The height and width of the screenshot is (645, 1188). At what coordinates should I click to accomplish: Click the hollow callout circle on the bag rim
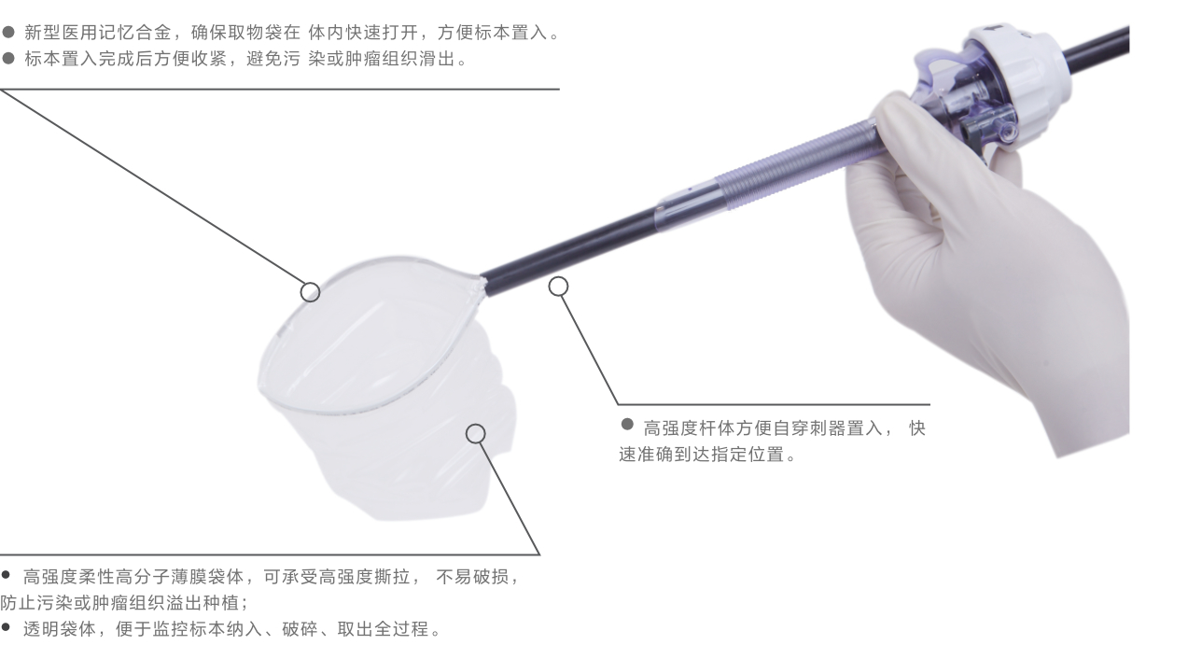310,291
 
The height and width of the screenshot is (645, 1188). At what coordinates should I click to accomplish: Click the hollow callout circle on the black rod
558,286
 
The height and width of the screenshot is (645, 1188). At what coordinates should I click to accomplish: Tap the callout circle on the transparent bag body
476,433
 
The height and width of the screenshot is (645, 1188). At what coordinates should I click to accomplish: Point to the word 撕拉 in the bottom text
397,577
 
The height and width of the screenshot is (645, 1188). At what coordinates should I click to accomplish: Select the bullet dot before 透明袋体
7,631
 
